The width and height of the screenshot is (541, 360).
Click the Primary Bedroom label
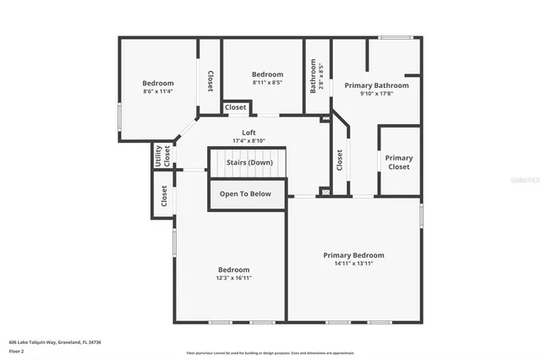click(x=353, y=255)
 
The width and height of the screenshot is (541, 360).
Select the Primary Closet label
click(x=399, y=162)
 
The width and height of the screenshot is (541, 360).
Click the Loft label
click(x=249, y=133)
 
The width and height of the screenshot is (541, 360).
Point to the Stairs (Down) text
click(x=249, y=162)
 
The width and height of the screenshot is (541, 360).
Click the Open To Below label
click(x=245, y=194)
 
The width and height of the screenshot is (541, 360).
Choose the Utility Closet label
click(x=156, y=155)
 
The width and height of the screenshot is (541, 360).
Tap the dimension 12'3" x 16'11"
click(x=234, y=277)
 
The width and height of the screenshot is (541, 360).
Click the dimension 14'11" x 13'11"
click(x=353, y=264)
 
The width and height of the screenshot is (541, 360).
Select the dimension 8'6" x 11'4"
click(x=158, y=91)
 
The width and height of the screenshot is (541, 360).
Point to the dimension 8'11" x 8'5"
click(x=267, y=83)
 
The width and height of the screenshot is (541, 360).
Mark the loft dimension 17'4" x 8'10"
click(x=249, y=141)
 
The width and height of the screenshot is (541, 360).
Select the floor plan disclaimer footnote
click(x=270, y=353)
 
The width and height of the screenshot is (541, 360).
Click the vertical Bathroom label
click(x=313, y=78)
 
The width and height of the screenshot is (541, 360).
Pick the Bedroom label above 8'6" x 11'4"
click(x=158, y=83)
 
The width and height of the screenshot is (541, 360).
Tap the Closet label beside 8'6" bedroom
click(x=210, y=80)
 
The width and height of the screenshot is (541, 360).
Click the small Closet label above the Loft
click(x=236, y=107)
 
